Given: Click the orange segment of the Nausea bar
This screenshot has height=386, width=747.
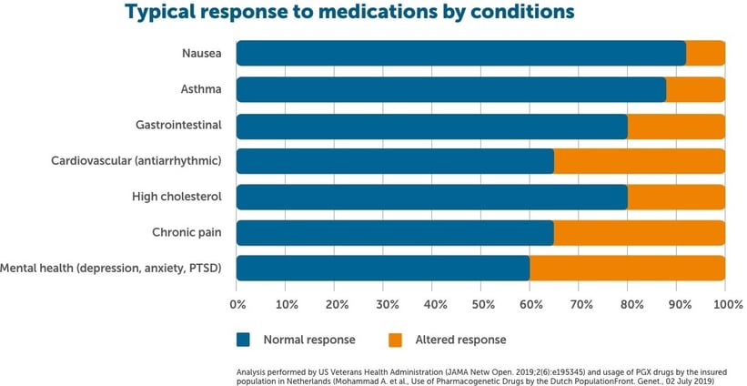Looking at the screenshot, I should pos(705,54).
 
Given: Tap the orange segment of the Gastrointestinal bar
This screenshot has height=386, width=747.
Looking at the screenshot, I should pos(676,126).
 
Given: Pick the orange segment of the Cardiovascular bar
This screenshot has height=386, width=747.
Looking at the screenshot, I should pos(639,161).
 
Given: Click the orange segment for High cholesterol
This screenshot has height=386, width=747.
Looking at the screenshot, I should pos(676,197).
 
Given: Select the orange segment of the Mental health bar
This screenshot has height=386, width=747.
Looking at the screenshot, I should pos(627,268).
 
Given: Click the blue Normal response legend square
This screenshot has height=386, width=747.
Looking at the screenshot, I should pos(243,340).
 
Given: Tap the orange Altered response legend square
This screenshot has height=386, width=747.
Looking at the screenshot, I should pos(395,340).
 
